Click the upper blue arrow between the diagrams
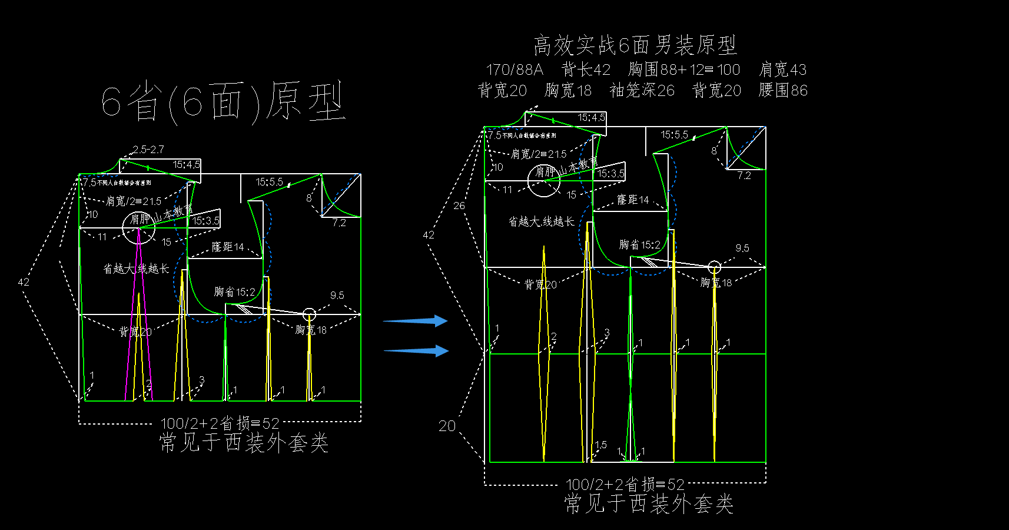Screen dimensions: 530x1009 (416, 321)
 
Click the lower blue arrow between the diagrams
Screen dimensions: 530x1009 (416, 351)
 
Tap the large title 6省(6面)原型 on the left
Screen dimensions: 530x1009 (223, 102)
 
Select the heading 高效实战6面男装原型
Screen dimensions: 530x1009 (635, 45)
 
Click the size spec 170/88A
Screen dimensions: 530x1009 (514, 70)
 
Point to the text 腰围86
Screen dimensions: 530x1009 (783, 91)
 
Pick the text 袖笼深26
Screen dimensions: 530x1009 (642, 91)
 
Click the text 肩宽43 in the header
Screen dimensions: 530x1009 (782, 70)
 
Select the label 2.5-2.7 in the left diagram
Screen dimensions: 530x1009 (148, 150)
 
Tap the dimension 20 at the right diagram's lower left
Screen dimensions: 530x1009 (447, 426)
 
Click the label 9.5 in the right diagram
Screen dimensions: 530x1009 (742, 249)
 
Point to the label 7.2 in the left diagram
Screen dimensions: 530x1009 (339, 223)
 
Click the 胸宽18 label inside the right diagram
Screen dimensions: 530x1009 (716, 283)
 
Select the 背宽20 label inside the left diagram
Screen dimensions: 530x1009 (135, 332)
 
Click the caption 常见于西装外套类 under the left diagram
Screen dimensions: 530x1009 (244, 443)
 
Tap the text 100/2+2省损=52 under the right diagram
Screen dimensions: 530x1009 (625, 485)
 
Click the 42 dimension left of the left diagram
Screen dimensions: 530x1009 (24, 282)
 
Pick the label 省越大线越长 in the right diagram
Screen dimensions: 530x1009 (541, 222)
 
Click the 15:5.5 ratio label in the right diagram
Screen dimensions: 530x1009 (674, 135)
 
